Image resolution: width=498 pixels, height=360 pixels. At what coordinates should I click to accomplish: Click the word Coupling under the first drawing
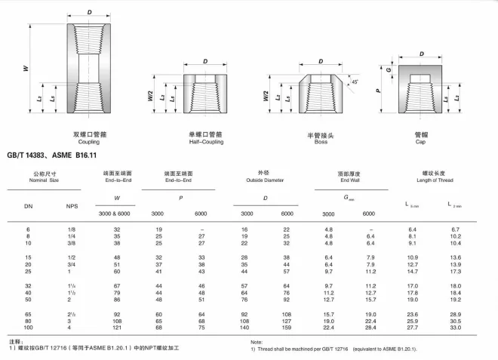89,141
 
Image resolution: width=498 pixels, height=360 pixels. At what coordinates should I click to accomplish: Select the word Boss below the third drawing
320,141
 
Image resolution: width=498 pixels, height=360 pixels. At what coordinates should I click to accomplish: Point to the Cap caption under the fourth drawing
421,141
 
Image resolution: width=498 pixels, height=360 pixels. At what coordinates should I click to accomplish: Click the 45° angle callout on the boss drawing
355,81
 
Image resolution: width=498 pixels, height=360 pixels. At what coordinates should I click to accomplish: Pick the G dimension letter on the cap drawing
389,69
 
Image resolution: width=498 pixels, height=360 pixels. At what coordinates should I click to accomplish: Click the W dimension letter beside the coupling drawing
26,68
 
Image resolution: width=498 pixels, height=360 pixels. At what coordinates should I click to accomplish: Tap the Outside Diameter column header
264,181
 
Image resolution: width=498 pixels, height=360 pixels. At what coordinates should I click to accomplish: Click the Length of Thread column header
435,181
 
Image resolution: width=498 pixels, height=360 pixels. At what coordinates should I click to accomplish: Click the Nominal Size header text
43,181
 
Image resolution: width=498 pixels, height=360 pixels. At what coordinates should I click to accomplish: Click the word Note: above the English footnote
256,342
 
